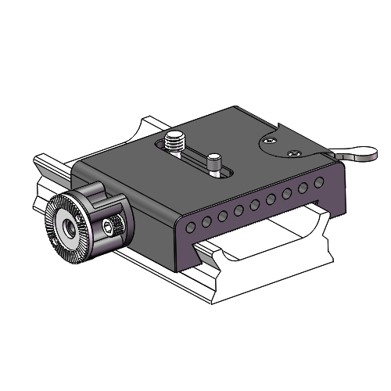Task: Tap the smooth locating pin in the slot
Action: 213,163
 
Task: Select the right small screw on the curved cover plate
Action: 294,152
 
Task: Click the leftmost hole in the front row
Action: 190,227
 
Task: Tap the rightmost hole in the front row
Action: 318,182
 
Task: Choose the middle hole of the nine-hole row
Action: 255,205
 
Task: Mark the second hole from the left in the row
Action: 206,221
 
